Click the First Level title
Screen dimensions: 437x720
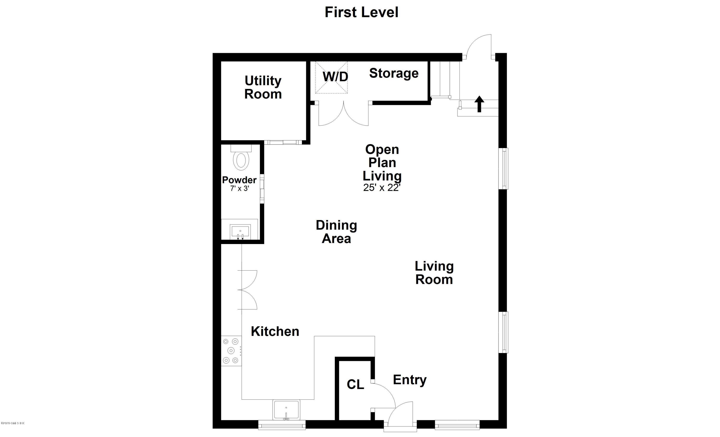[x=361, y=12]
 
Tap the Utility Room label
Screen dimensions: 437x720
[x=263, y=87]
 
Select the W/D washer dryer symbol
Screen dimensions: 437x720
[x=331, y=78]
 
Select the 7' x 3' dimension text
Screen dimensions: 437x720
[x=240, y=188]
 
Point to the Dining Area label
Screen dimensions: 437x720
[x=336, y=232]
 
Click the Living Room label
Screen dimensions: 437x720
[x=434, y=273]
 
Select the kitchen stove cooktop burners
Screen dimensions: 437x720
[x=231, y=351]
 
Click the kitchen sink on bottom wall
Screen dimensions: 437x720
[x=286, y=410]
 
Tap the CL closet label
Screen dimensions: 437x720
[x=355, y=385]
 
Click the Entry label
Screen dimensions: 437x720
[x=410, y=380]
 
